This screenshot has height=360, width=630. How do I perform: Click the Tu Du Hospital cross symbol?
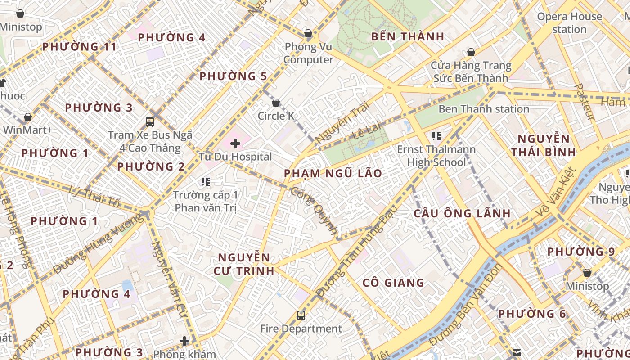[x=235, y=144]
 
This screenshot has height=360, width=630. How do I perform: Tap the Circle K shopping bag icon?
[x=276, y=103]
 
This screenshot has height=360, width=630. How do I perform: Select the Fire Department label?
[x=301, y=328]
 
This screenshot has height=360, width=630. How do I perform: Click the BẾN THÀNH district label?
[x=408, y=36]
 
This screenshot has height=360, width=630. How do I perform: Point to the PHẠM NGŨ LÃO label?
[x=333, y=173]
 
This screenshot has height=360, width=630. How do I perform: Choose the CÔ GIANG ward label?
[x=393, y=283]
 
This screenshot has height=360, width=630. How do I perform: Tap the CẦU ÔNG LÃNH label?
[x=462, y=213]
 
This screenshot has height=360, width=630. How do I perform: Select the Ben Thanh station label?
[x=484, y=109]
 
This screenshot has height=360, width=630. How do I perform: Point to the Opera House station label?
[x=569, y=23]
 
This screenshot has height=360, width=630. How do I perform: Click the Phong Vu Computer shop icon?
[x=308, y=33]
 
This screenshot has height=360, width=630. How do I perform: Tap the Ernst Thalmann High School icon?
[x=436, y=135]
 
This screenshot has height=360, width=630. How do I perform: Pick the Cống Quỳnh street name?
[x=314, y=211]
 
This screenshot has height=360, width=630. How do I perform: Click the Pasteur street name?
[x=585, y=102]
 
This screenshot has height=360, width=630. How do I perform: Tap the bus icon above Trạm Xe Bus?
[x=150, y=121]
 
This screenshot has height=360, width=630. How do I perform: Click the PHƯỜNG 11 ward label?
[x=80, y=46]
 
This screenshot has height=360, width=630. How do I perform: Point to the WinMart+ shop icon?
[x=28, y=117]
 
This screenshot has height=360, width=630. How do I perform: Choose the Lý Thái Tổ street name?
[x=95, y=196]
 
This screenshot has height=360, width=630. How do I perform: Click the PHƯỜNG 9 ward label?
[x=581, y=252]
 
